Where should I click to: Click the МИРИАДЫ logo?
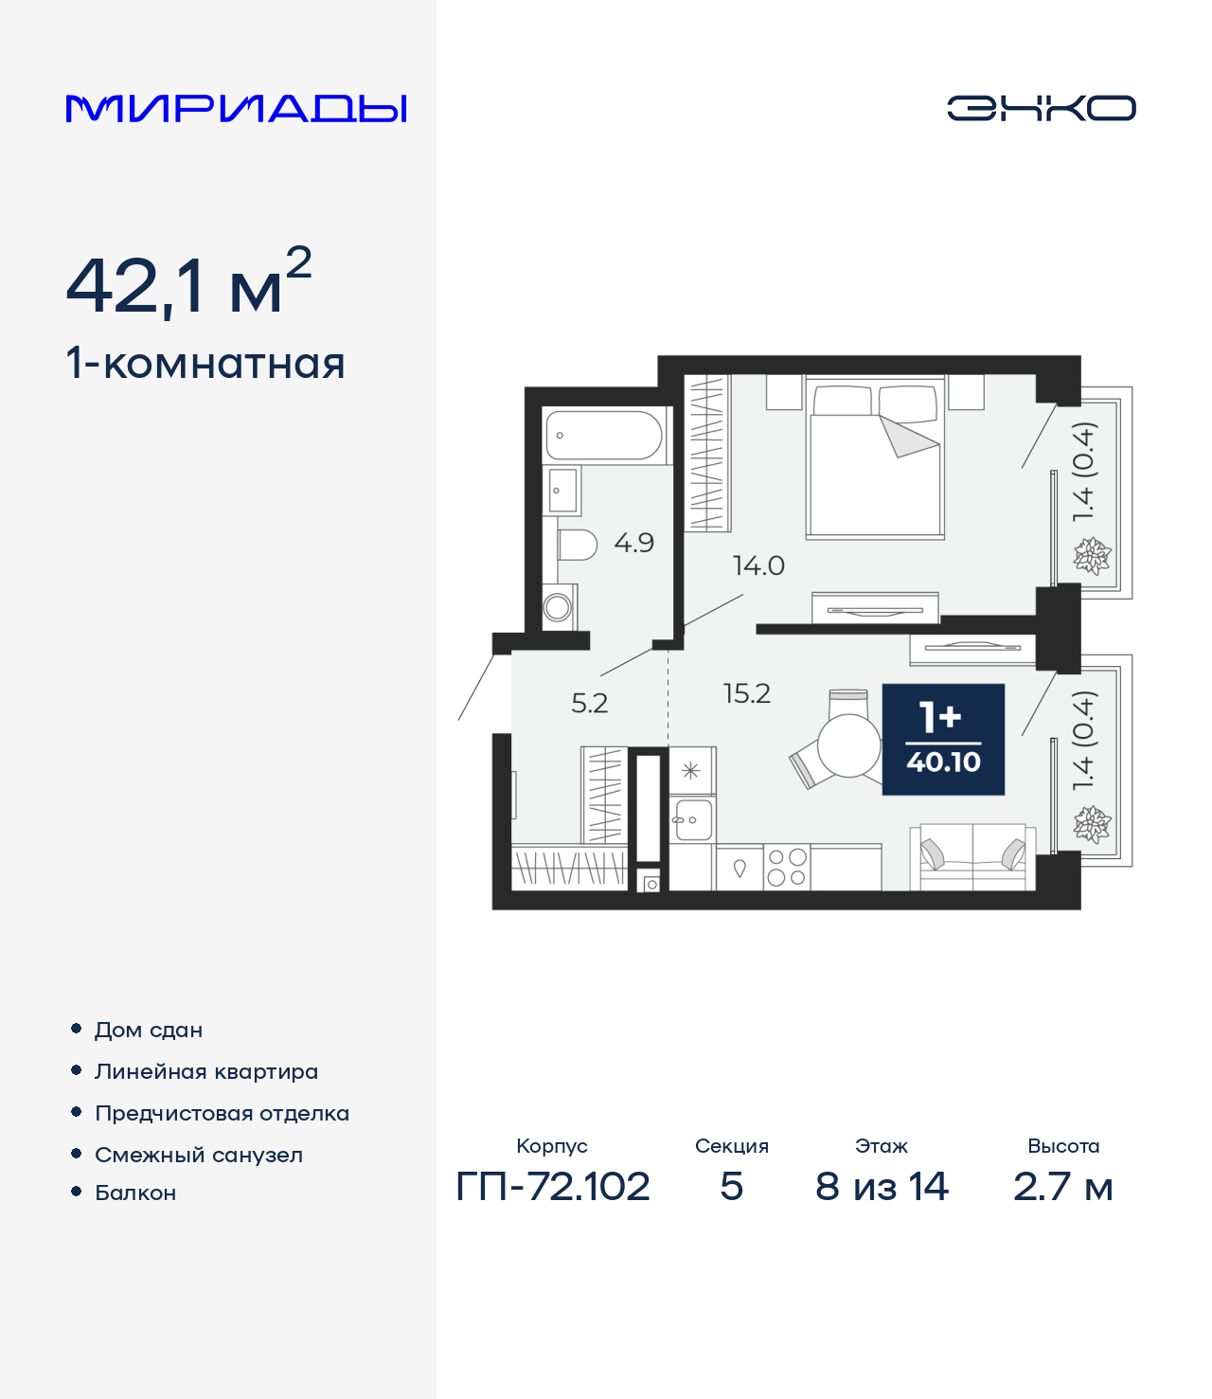click(x=237, y=109)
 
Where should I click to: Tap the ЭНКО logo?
click(x=1041, y=108)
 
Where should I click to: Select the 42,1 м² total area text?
click(x=188, y=284)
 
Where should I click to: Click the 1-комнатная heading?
click(x=205, y=364)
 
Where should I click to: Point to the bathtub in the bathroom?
click(x=603, y=435)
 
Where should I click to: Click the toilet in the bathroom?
click(x=577, y=545)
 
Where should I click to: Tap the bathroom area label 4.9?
click(x=633, y=543)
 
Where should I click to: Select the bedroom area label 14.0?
click(x=758, y=566)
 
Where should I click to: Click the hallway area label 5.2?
click(x=589, y=703)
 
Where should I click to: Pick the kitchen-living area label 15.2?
click(x=746, y=693)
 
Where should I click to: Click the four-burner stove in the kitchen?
click(x=786, y=867)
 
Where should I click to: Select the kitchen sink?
click(x=692, y=820)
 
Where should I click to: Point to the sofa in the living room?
click(x=972, y=857)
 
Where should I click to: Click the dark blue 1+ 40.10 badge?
click(x=943, y=739)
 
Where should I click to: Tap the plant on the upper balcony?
click(x=1092, y=556)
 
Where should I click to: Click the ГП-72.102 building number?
click(x=553, y=1186)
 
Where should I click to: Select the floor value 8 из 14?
click(x=882, y=1186)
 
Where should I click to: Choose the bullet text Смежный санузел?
click(x=199, y=1155)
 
